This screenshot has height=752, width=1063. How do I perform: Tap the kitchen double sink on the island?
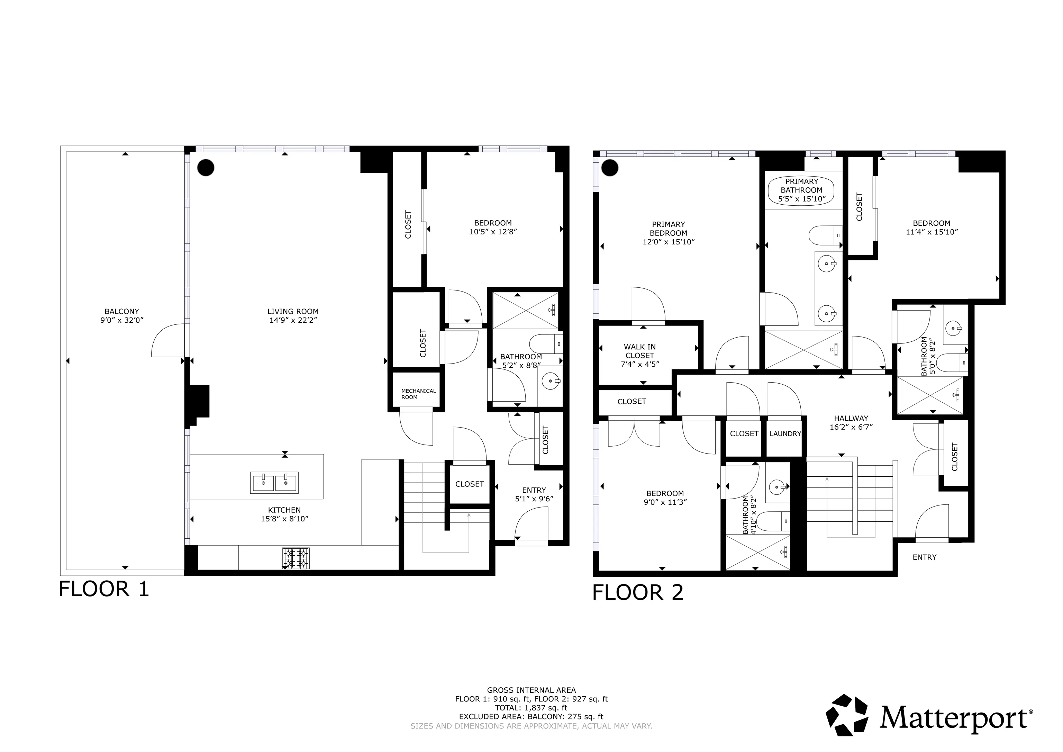274,483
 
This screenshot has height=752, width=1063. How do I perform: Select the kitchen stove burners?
296,558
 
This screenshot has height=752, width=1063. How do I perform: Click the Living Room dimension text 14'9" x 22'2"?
293,320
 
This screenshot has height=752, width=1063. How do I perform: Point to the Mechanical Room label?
418,394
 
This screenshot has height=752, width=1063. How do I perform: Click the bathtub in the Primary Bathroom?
801,191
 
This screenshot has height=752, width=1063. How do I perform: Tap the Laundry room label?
785,434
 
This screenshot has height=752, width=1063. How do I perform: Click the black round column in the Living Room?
206,168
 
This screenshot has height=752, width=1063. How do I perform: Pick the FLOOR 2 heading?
637,593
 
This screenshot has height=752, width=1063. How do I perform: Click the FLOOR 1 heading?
104,589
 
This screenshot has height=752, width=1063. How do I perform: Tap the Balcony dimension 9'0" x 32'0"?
122,320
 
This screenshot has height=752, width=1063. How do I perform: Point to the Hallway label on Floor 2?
851,418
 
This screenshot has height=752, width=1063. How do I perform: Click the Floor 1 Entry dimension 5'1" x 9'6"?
534,499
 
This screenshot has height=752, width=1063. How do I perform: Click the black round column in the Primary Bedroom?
610,168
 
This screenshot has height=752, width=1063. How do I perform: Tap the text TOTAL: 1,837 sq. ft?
531,708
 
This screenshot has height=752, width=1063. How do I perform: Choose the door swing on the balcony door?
167,341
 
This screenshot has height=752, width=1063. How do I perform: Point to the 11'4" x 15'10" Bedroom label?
932,228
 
